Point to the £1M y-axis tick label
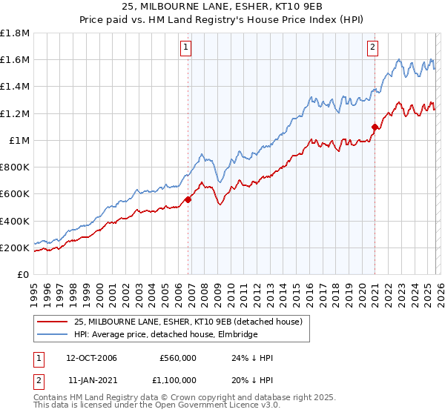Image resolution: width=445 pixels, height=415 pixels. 19,140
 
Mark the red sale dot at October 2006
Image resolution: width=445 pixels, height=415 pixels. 188,199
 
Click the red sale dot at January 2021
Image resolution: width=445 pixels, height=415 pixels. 375,127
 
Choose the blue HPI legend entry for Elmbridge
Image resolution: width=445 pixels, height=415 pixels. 165,335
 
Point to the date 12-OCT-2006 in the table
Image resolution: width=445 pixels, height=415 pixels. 91,358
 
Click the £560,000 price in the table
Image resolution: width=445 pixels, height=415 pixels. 178,358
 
